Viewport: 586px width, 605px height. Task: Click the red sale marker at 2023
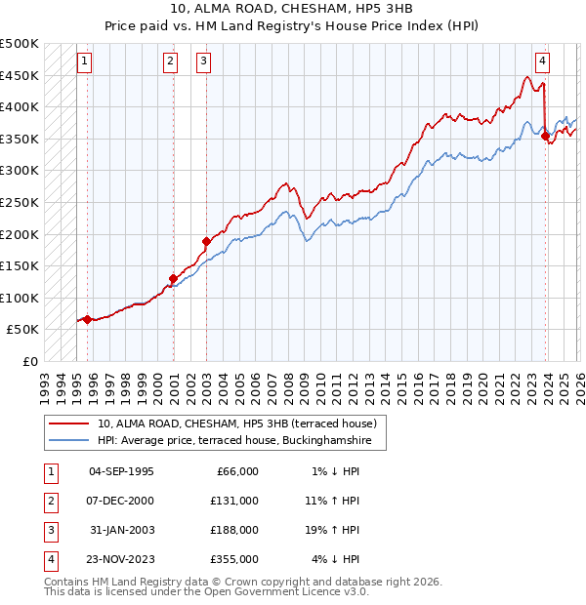(545, 137)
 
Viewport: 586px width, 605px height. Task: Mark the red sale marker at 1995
(87, 319)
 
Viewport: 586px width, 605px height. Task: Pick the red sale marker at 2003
(206, 241)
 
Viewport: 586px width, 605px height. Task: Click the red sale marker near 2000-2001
(173, 278)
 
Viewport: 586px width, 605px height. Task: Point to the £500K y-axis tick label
(21, 45)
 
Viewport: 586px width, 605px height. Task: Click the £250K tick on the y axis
(21, 203)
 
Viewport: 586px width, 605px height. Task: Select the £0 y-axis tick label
(29, 361)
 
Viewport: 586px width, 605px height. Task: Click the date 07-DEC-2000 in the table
(121, 500)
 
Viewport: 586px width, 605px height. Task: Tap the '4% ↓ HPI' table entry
(336, 559)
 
